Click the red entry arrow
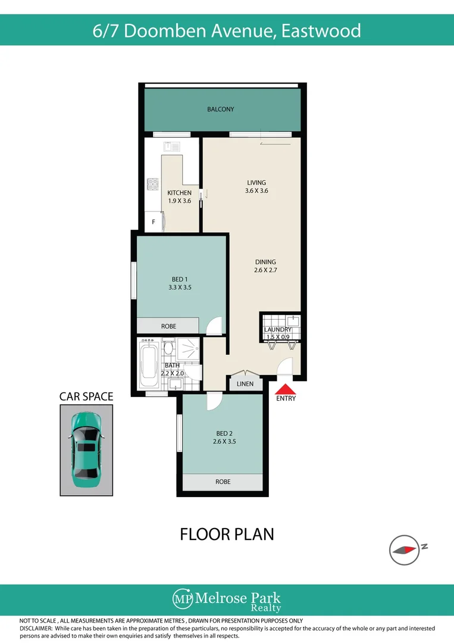point(286,388)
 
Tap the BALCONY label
point(221,109)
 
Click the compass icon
point(404,550)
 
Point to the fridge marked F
point(154,222)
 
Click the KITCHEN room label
point(179,192)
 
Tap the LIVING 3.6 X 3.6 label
point(256,187)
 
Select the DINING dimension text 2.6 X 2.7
point(265,270)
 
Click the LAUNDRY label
point(278,329)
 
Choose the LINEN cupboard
point(245,384)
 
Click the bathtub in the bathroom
point(148,365)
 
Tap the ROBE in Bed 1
point(168,326)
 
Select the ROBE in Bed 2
point(223,482)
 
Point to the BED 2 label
point(224,434)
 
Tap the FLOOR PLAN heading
point(227,534)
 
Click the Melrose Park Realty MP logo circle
point(181,598)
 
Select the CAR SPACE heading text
point(86,396)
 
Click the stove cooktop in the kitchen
point(152,184)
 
